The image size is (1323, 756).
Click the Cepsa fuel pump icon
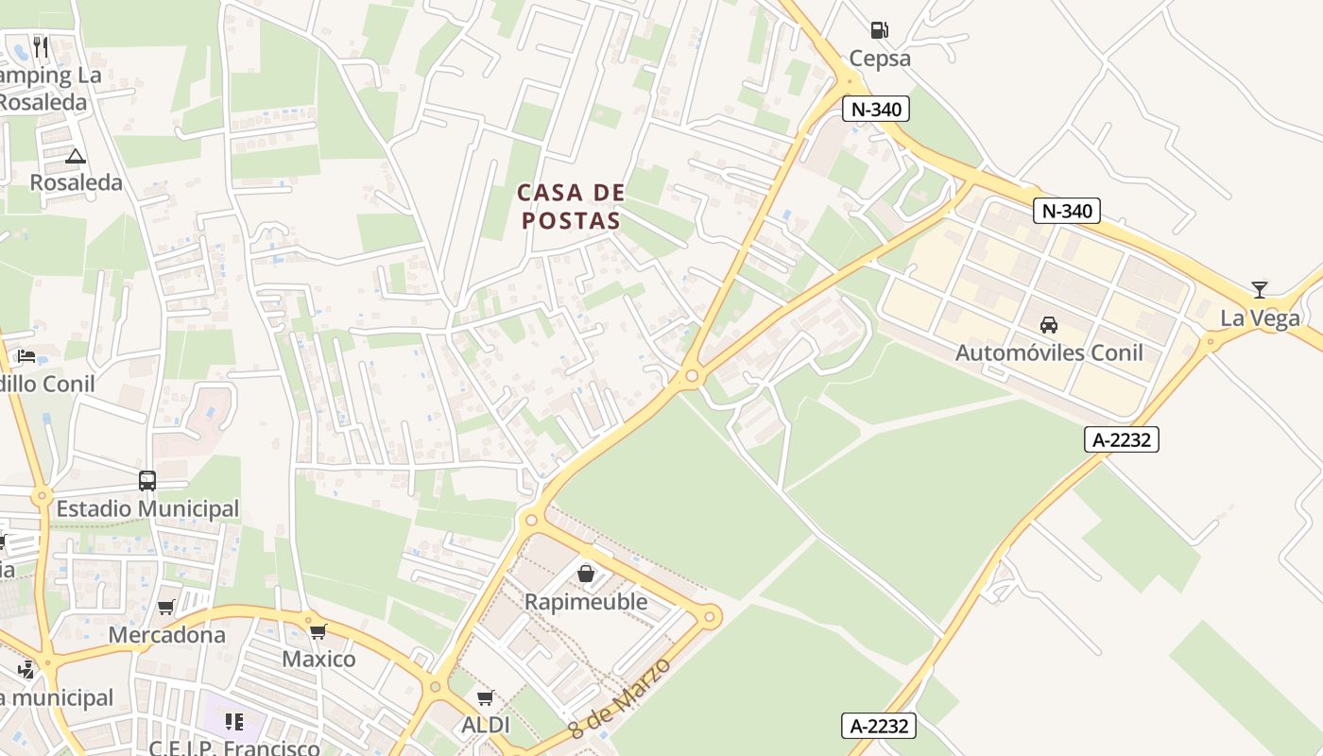[x=880, y=29]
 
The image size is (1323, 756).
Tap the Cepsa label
[x=880, y=59]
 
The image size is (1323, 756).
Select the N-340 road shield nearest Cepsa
[x=876, y=110]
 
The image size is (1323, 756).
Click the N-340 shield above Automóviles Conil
[x=1067, y=211]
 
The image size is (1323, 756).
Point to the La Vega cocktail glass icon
[x=1259, y=290]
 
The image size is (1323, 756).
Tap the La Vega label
[x=1260, y=318]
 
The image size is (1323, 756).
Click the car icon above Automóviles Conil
[x=1048, y=325]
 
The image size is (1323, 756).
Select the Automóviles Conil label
[x=1049, y=353]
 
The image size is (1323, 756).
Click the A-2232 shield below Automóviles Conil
[x=1121, y=439]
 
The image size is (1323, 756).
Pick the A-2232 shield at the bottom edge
[x=879, y=726]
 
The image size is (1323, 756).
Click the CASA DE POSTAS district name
[x=571, y=207]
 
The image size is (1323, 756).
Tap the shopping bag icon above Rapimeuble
[x=586, y=574]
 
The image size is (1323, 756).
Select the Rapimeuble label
[x=586, y=602]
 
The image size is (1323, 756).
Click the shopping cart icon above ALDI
[x=486, y=698]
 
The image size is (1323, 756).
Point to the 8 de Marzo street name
[x=620, y=698]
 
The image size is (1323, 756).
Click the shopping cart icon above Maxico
[x=318, y=631]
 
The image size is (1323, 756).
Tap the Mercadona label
[x=167, y=635]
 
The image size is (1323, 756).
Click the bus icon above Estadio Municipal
[x=147, y=480]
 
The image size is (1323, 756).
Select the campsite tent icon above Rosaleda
[x=76, y=155]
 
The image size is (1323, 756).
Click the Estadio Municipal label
[x=147, y=509]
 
